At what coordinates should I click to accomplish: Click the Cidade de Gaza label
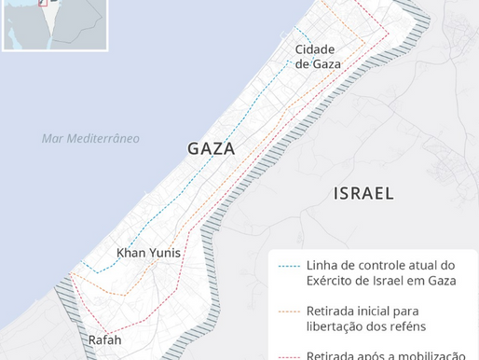(x=318, y=57)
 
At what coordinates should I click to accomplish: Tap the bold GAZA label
(x=211, y=149)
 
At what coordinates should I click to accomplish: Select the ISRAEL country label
(x=363, y=194)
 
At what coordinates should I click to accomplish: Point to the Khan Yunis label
(x=148, y=253)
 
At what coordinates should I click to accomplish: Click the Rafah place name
(x=104, y=339)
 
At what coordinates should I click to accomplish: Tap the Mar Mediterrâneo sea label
(x=90, y=139)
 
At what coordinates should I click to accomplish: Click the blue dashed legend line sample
(x=290, y=265)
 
